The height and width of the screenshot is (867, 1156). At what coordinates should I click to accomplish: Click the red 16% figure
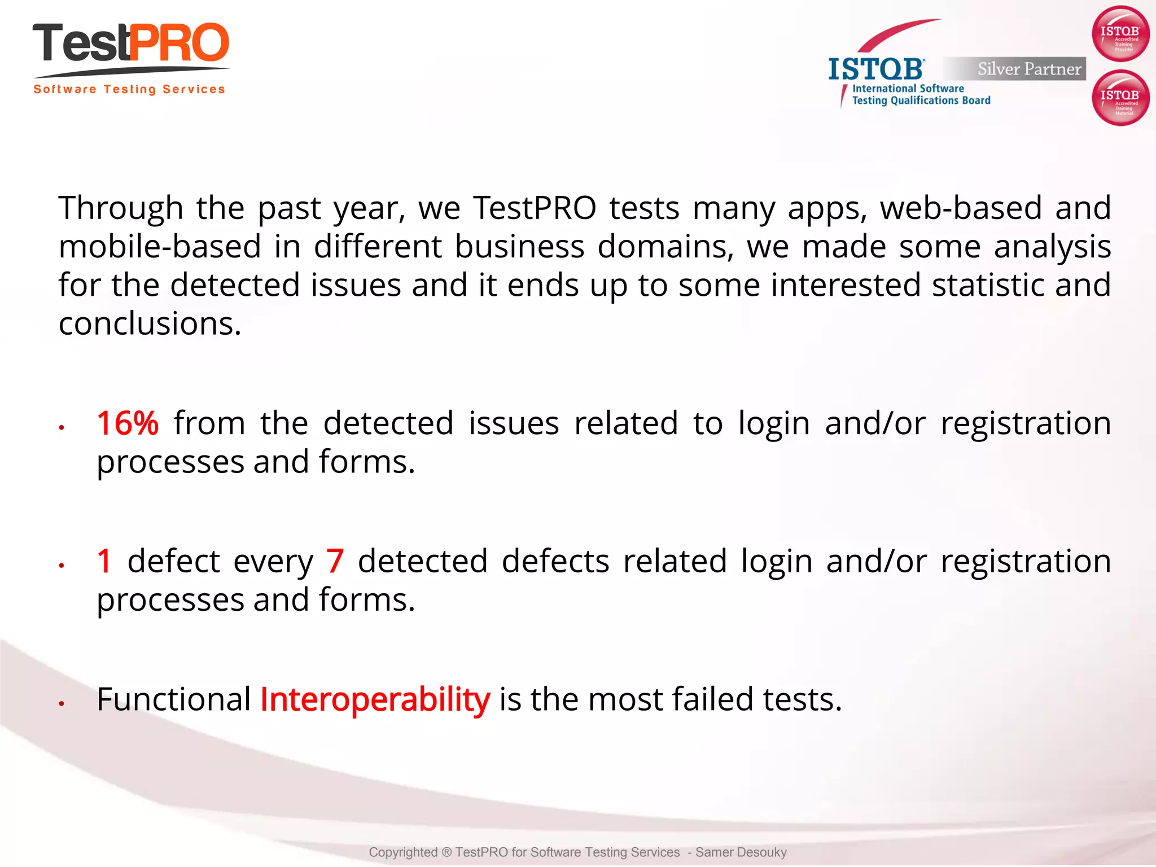pos(128,423)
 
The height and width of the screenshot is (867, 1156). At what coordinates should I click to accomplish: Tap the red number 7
pos(335,561)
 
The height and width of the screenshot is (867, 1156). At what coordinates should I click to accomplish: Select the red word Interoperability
pos(375,699)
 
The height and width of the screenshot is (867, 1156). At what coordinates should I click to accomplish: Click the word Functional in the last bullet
pos(173,699)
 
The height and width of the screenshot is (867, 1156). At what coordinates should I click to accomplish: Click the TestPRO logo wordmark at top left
pos(131,44)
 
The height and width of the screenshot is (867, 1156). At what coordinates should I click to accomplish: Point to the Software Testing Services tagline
pos(129,89)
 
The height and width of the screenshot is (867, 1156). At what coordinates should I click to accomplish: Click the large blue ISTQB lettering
pos(875,69)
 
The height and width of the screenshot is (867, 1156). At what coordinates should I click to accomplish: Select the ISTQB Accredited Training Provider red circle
pos(1120,34)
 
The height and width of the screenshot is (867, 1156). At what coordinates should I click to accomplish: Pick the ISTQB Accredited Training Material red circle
pos(1120,98)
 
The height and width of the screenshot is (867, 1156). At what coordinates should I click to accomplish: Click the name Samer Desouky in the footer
pos(741,852)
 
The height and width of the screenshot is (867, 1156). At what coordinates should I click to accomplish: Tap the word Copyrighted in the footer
pos(403,852)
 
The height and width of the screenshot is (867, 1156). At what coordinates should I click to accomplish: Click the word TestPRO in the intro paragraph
pos(535,208)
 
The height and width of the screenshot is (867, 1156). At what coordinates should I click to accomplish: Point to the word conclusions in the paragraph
pos(150,324)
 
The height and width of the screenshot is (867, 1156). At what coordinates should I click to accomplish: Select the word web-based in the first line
pos(961,208)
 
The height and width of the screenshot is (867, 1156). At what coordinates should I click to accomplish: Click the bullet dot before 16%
pos(62,428)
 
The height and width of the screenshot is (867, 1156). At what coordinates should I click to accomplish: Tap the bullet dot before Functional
pos(62,704)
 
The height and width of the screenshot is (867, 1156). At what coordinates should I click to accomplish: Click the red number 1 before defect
pos(104,561)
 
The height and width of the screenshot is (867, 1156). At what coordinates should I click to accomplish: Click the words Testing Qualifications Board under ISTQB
pos(921,100)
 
